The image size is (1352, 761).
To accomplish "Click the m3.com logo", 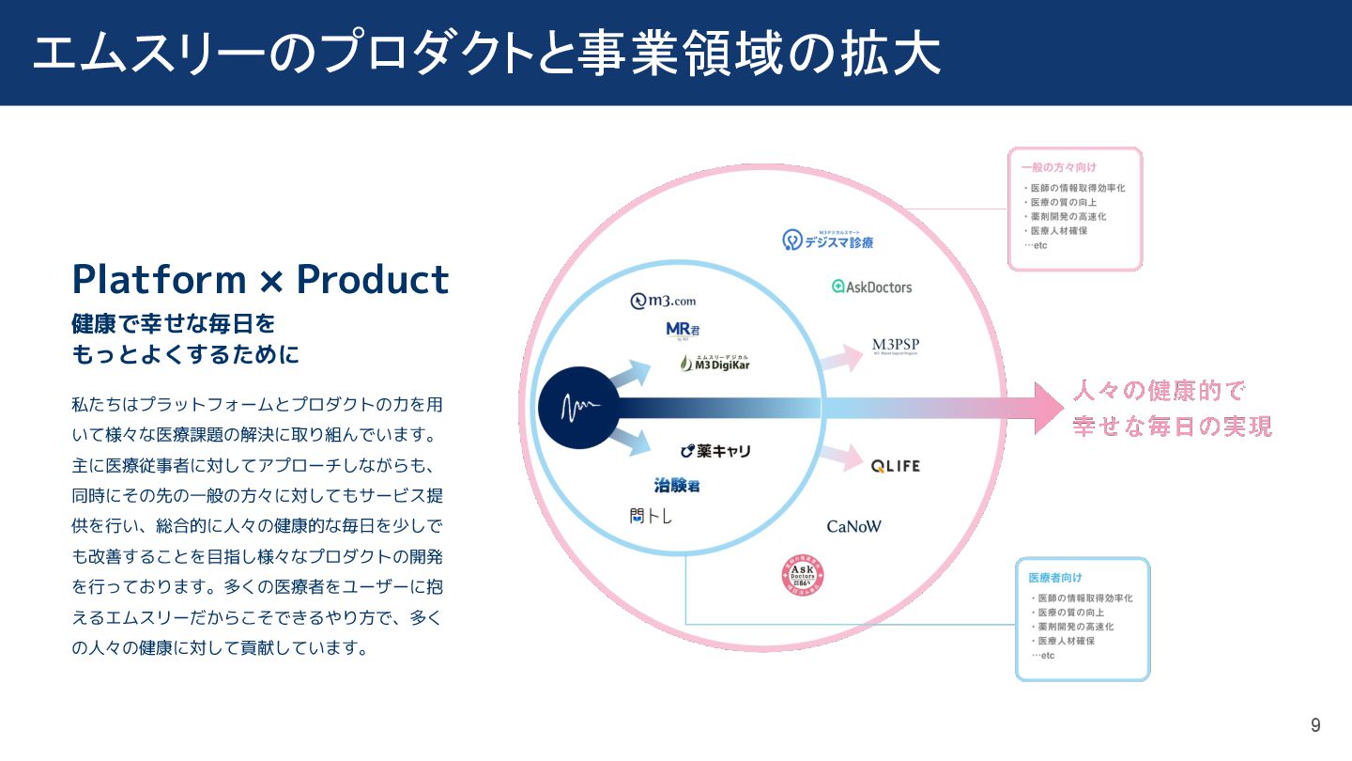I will [663, 301].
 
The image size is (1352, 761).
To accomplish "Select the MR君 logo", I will [683, 331].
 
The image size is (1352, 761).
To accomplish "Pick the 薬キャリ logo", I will [715, 451].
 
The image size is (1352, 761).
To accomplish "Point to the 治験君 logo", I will [677, 486].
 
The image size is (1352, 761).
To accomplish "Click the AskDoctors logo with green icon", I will [871, 287].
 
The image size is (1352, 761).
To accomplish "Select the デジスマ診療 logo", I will [827, 241].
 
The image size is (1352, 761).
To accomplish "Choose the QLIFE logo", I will [895, 466].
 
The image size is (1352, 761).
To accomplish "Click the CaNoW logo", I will [853, 526].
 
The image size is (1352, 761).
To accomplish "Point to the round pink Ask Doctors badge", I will [803, 577].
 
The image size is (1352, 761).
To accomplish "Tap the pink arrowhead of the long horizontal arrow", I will [1048, 408].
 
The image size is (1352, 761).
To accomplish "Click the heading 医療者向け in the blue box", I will [1054, 577].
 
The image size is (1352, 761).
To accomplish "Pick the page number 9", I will [1315, 725].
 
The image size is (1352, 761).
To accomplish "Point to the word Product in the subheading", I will [373, 279].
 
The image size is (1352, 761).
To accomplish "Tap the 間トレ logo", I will [651, 516].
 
